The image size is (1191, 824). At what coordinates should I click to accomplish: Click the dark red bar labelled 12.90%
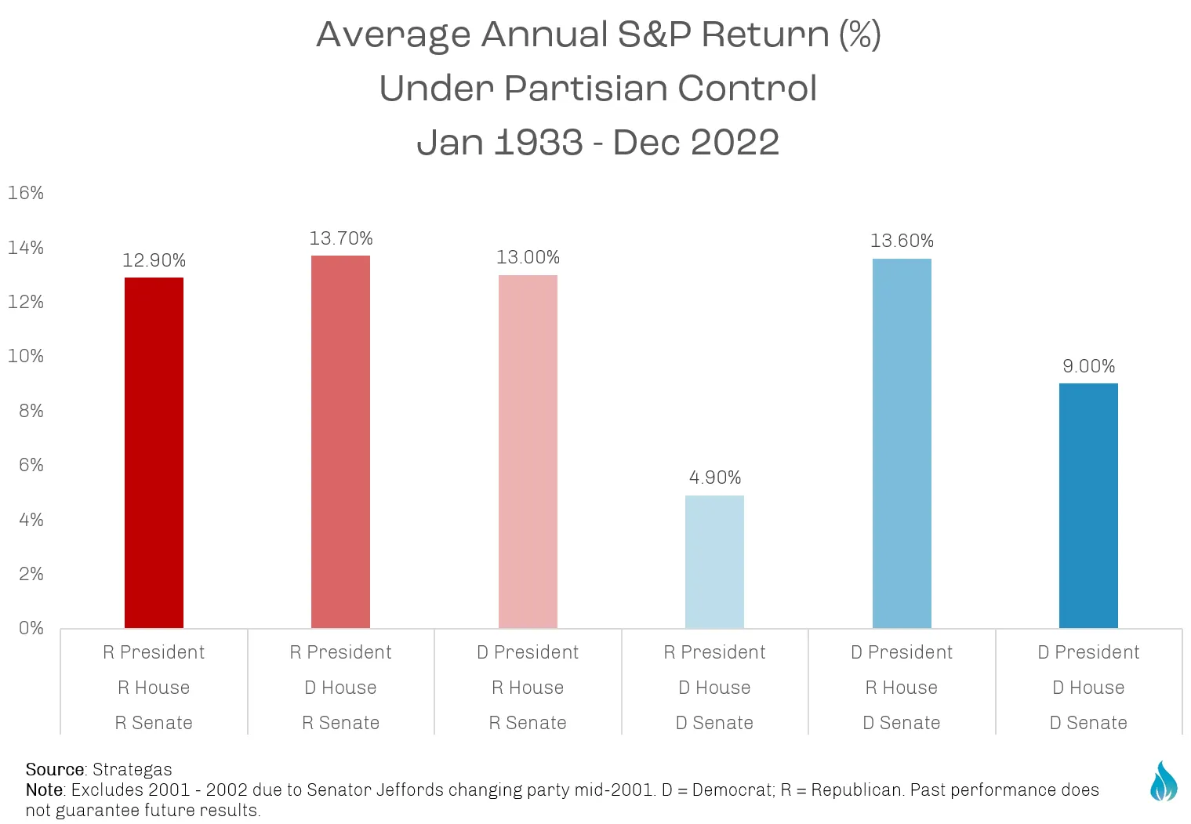point(154,452)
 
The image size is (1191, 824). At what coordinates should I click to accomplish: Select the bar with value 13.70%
point(340,441)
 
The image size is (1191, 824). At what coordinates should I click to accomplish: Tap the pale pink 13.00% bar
point(528,452)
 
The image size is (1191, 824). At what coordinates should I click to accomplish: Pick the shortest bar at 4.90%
point(714,561)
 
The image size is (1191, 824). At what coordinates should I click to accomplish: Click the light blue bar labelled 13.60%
point(902,444)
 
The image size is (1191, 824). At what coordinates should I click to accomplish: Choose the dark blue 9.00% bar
point(1088,506)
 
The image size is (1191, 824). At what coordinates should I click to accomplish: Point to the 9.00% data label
point(1088,366)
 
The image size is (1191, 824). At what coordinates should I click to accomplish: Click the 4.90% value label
point(714,477)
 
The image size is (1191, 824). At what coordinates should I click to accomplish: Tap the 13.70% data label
point(341,238)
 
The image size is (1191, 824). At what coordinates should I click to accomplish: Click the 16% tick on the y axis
point(26,192)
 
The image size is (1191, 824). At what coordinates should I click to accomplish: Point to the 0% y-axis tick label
point(31,628)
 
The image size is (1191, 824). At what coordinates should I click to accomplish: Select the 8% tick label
point(31,410)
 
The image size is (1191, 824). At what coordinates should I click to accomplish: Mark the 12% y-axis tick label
point(26,302)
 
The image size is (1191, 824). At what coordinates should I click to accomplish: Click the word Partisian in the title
point(584,88)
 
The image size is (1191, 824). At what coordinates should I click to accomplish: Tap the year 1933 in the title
point(539,142)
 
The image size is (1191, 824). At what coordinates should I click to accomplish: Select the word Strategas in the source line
point(132,769)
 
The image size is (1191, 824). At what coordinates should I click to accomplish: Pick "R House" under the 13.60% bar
point(901,688)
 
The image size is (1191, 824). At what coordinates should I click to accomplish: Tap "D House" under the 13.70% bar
point(340,688)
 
